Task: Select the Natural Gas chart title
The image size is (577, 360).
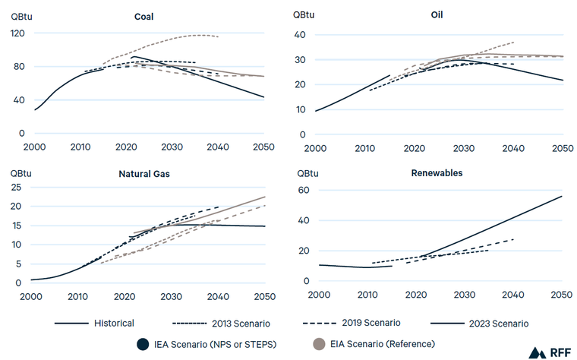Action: coord(144,174)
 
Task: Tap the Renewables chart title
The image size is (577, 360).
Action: coord(437,173)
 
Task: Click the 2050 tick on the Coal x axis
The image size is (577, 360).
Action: coord(264,146)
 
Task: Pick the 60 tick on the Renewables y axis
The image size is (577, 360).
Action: coord(304,190)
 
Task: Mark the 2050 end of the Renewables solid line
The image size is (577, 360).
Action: coord(562,196)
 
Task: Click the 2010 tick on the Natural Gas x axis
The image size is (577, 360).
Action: coord(77,296)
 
